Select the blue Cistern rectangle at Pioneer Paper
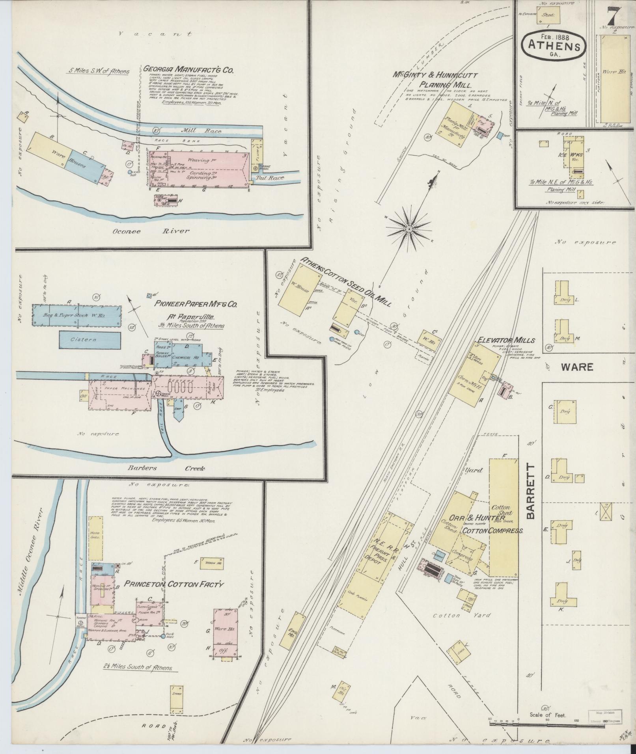coord(90,340)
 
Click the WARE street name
coord(577,367)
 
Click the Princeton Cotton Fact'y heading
coord(174,584)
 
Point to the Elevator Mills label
coord(506,340)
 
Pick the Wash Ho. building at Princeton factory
coord(212,563)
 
